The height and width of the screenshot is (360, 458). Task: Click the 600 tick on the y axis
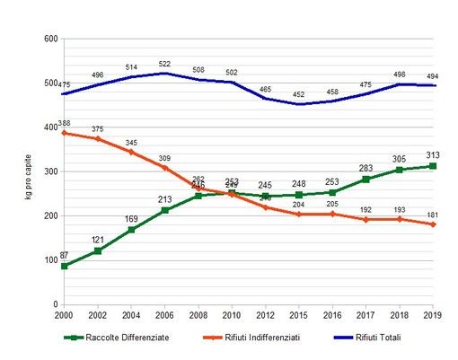click(50, 40)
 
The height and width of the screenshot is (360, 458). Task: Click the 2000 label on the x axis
click(63, 315)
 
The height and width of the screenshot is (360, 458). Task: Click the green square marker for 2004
click(132, 230)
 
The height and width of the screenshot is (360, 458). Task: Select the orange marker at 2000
click(63, 133)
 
